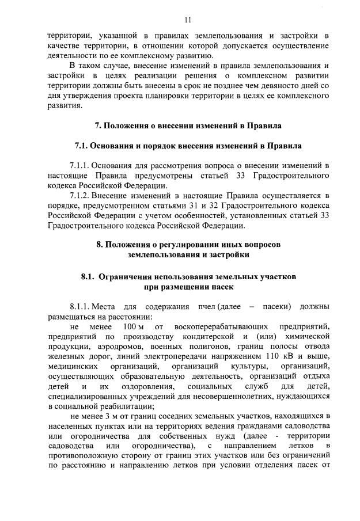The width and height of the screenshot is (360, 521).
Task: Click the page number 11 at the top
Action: click(188, 20)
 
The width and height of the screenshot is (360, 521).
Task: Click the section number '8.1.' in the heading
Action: click(88, 276)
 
